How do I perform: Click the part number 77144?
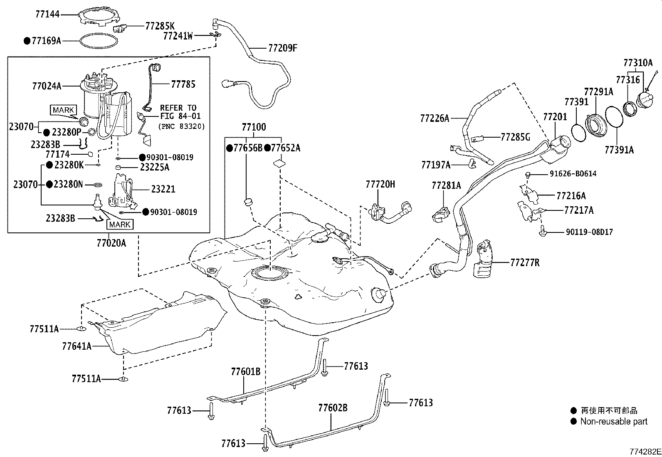pyautogui.click(x=47, y=14)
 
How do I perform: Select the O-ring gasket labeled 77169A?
pyautogui.click(x=98, y=41)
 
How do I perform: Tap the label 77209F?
pyautogui.click(x=282, y=48)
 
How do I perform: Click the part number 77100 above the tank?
pyautogui.click(x=253, y=127)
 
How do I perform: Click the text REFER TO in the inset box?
pyautogui.click(x=178, y=108)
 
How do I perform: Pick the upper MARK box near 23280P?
pyautogui.click(x=64, y=110)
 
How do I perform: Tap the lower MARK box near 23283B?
pyautogui.click(x=120, y=225)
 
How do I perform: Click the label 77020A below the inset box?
pyautogui.click(x=111, y=243)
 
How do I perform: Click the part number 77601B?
pyautogui.click(x=245, y=371)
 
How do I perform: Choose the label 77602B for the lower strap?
pyautogui.click(x=333, y=408)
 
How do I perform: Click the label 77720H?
pyautogui.click(x=380, y=184)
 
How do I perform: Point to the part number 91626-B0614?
pyautogui.click(x=568, y=174)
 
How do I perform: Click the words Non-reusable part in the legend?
pyautogui.click(x=614, y=421)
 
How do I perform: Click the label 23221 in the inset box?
pyautogui.click(x=163, y=189)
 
